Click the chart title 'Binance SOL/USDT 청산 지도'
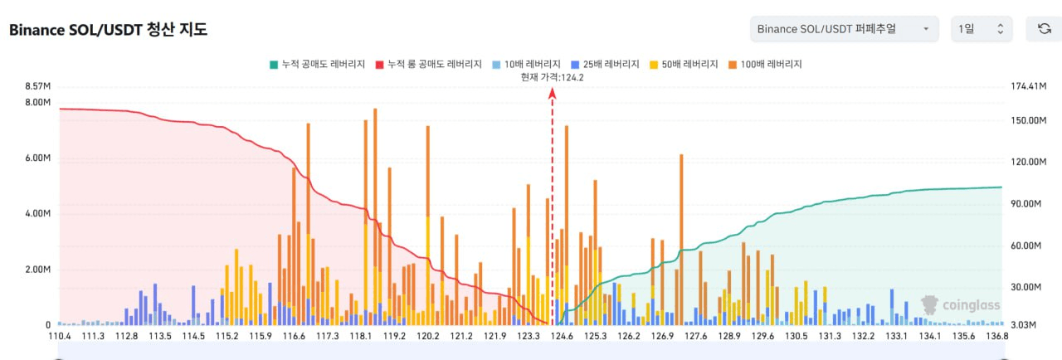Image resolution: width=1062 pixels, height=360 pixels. (x=108, y=30)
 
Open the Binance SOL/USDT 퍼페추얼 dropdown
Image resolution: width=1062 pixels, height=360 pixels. (x=844, y=29)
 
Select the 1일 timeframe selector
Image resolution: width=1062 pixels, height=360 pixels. (x=980, y=29)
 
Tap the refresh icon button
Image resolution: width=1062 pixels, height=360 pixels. (x=1044, y=29)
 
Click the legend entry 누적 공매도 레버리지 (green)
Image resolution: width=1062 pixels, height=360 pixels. (x=318, y=64)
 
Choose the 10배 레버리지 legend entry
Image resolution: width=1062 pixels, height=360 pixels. (x=526, y=64)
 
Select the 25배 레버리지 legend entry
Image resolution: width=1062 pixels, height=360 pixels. (x=607, y=64)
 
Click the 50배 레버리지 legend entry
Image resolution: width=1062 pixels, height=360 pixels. (x=688, y=64)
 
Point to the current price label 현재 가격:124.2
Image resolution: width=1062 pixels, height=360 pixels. (x=552, y=77)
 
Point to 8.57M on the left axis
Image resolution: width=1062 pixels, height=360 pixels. (x=38, y=86)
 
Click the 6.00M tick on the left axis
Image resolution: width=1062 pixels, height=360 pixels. (x=38, y=158)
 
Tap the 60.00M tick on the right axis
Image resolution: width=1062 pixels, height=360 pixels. (x=1024, y=246)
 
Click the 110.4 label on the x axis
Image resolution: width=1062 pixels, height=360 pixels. (x=59, y=336)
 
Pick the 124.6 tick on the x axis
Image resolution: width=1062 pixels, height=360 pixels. (x=563, y=336)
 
